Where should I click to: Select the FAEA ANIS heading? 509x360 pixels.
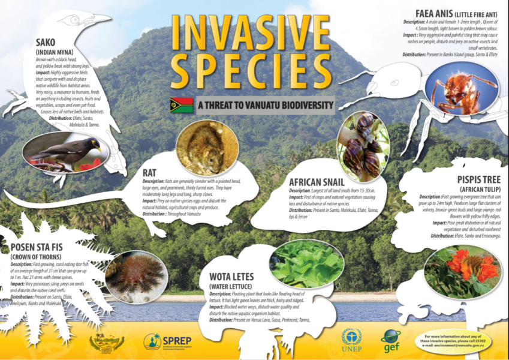pyautogui.click(x=438, y=13)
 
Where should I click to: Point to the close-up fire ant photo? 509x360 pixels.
pyautogui.click(x=460, y=89)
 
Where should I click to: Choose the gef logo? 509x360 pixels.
pyautogui.click(x=390, y=340)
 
